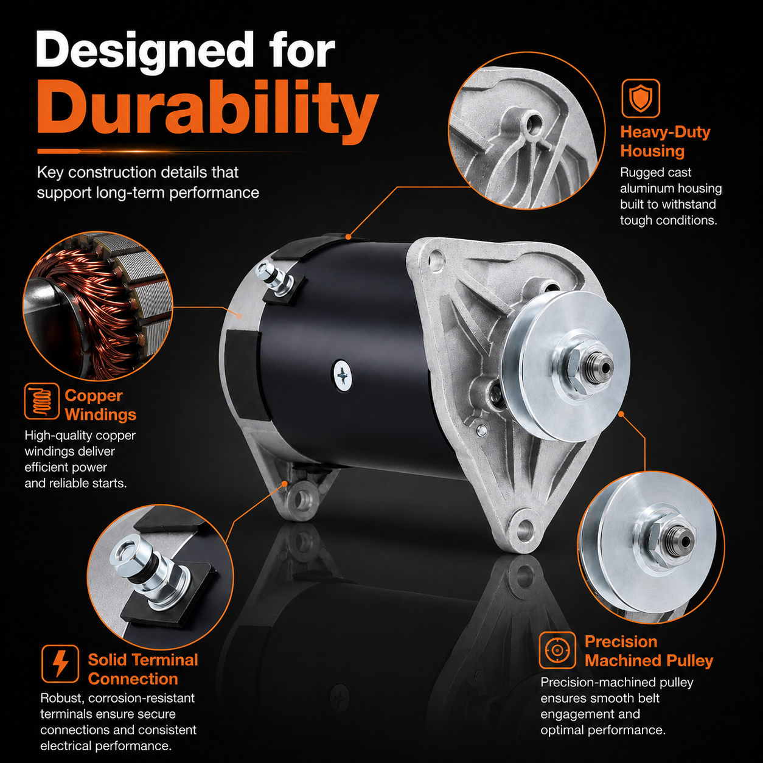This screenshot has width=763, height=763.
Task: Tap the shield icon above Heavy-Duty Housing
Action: click(640, 98)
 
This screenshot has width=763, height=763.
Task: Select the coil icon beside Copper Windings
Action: click(41, 401)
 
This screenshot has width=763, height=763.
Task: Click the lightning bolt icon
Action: click(60, 664)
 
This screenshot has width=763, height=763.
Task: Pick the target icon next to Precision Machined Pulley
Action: click(557, 650)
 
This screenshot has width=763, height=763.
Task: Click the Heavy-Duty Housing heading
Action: click(665, 142)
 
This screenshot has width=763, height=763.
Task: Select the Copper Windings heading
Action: click(100, 405)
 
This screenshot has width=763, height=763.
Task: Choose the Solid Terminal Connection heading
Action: click(143, 669)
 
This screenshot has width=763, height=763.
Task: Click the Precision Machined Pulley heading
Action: click(649, 651)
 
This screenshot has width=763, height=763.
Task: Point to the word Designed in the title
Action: click(145, 52)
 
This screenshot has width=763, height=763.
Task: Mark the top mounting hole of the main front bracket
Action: click(435, 260)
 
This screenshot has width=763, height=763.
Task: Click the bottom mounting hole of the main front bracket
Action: click(524, 529)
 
